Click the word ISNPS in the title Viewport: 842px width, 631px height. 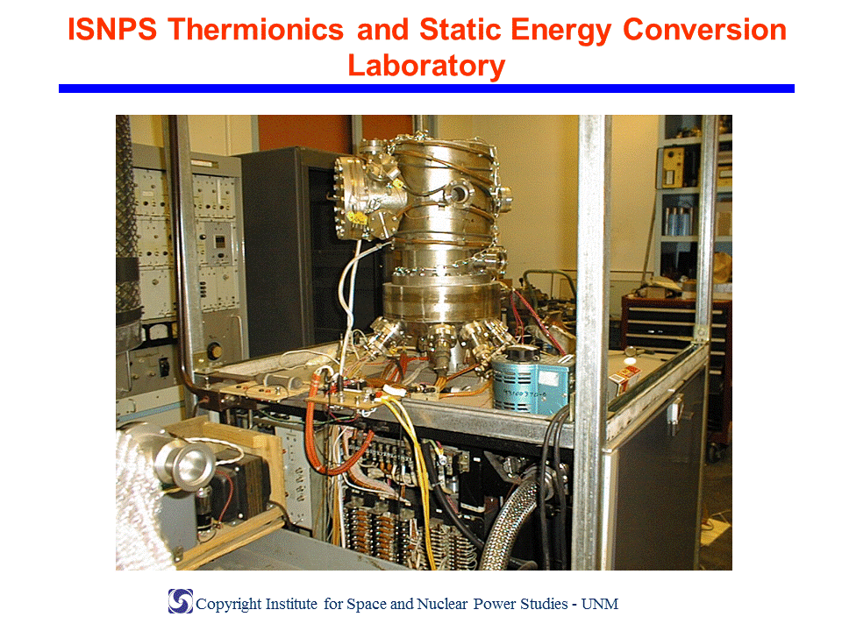pos(112,29)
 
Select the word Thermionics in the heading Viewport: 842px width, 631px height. pos(255,29)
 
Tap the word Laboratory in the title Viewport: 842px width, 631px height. pos(426,66)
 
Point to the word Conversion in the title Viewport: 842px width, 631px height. pos(704,29)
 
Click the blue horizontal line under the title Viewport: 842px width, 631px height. pos(426,89)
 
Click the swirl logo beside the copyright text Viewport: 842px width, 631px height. pos(181,601)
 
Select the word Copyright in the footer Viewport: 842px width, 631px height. pos(229,604)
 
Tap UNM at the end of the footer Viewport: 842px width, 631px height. pos(600,604)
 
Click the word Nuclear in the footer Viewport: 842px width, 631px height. pos(442,604)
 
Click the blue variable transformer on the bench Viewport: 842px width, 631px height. pos(529,382)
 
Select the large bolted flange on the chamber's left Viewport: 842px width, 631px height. pos(353,198)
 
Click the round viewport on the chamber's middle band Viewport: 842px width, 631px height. pos(458,193)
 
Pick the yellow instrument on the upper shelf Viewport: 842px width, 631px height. pos(674,167)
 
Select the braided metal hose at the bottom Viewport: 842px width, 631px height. pos(508,526)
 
